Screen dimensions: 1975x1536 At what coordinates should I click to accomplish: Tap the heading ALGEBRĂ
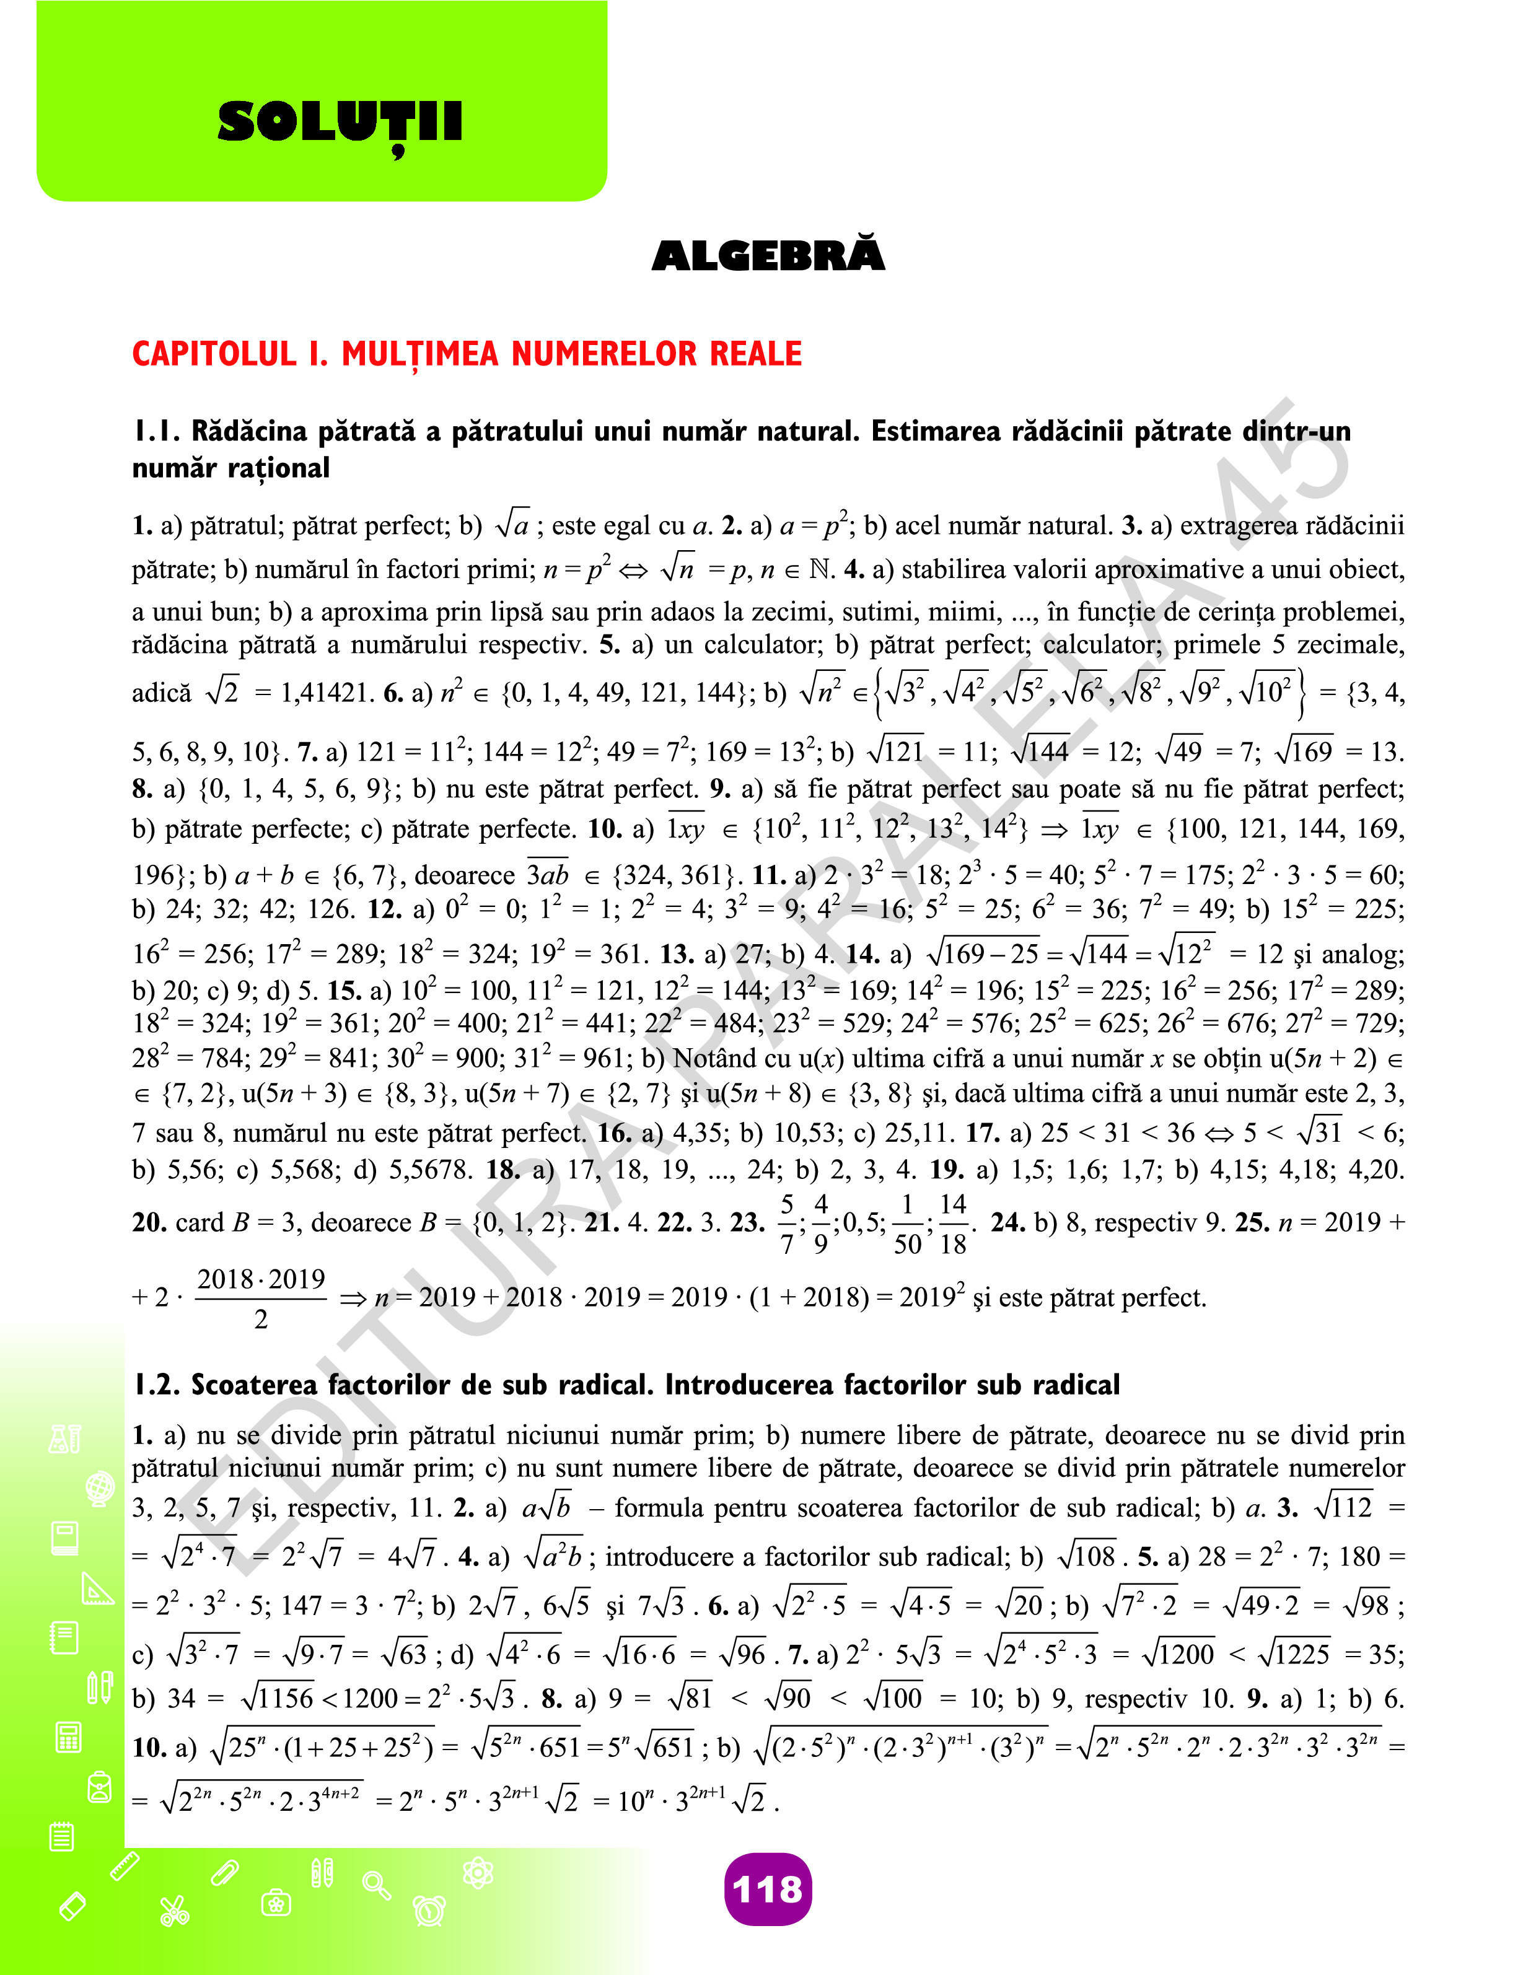[768, 256]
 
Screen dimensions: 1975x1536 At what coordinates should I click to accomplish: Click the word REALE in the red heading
[755, 354]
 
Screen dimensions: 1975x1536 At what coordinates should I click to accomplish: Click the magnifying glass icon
[376, 1885]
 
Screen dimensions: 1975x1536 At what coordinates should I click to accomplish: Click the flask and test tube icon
[65, 1439]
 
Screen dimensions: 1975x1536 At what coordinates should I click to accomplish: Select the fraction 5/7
[787, 1224]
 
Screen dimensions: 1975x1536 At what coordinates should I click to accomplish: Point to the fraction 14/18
[952, 1224]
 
